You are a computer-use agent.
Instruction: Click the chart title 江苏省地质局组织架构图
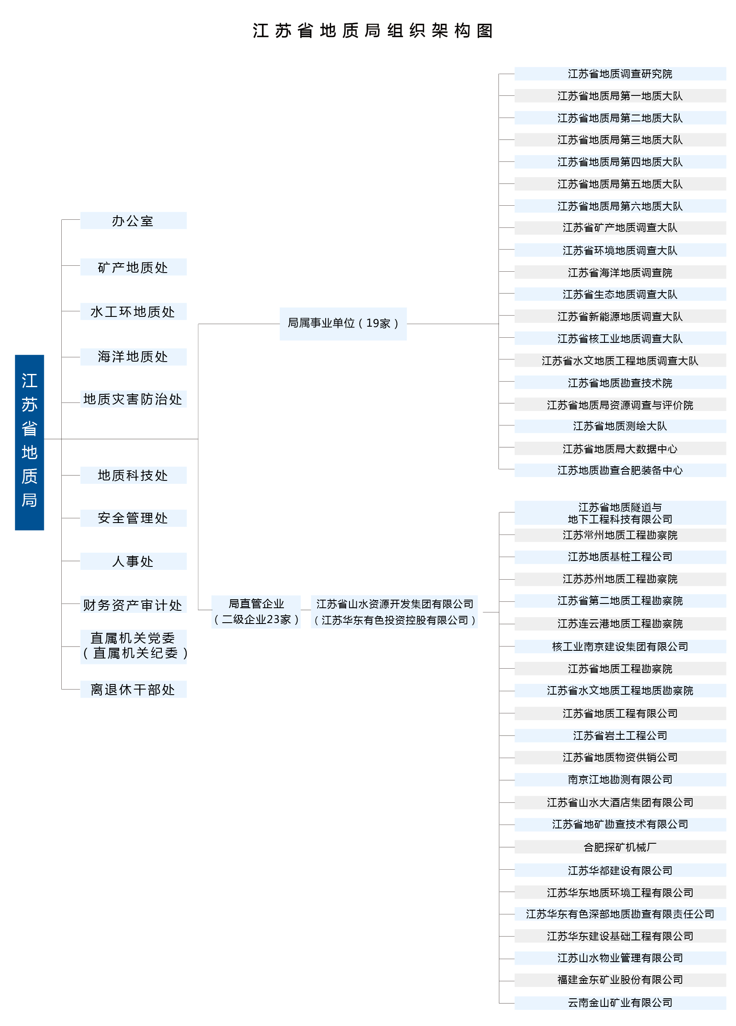pyautogui.click(x=372, y=31)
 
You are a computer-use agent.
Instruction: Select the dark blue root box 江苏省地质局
pyautogui.click(x=29, y=442)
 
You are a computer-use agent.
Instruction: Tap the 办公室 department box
pyautogui.click(x=133, y=220)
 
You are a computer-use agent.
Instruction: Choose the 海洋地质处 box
pyautogui.click(x=133, y=356)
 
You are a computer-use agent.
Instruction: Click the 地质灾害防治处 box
pyautogui.click(x=133, y=399)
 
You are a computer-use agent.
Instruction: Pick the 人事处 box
pyautogui.click(x=133, y=561)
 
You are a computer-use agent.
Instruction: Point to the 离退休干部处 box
pyautogui.click(x=133, y=689)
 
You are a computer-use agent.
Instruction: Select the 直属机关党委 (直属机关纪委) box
pyautogui.click(x=133, y=647)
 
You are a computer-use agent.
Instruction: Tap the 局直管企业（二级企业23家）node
pyautogui.click(x=256, y=612)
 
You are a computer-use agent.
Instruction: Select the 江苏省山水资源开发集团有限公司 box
pyautogui.click(x=394, y=612)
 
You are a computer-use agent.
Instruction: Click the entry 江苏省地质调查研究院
pyautogui.click(x=620, y=74)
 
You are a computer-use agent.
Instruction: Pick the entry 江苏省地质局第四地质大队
pyautogui.click(x=620, y=162)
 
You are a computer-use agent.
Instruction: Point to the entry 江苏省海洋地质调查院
pyautogui.click(x=620, y=272)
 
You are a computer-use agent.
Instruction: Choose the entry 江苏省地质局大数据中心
pyautogui.click(x=620, y=448)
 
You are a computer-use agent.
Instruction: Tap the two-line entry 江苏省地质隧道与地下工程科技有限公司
pyautogui.click(x=620, y=513)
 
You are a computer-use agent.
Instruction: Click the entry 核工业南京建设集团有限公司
pyautogui.click(x=620, y=647)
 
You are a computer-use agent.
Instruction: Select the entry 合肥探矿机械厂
pyautogui.click(x=620, y=847)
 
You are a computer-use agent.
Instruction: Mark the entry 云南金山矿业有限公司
pyautogui.click(x=620, y=1003)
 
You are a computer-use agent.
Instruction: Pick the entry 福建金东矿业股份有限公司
pyautogui.click(x=620, y=980)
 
